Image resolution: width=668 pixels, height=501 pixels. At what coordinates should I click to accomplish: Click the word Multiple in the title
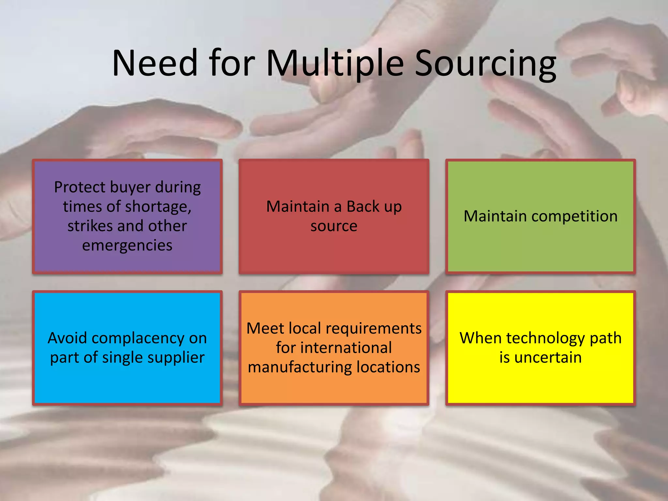coord(335,64)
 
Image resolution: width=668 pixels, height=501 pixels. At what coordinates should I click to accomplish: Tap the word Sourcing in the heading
coord(485,64)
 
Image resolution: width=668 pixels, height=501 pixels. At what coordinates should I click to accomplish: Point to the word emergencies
coord(127,245)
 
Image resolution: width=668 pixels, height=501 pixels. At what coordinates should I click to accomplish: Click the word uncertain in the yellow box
coord(548,357)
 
